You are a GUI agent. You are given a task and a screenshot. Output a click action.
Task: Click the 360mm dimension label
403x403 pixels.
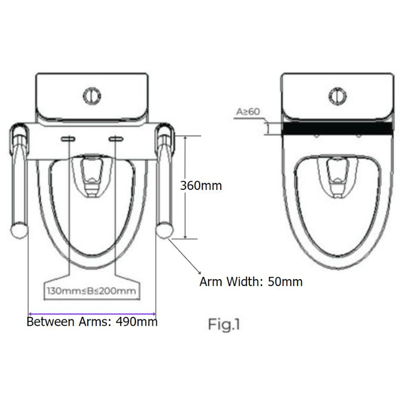pos(201,185)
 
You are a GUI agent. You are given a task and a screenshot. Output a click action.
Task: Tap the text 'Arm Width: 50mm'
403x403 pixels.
pos(251,282)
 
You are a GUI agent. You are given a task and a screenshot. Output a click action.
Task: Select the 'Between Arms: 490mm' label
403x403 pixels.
pos(92,321)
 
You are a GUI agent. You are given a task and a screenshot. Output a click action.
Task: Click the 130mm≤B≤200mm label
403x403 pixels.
pos(92,291)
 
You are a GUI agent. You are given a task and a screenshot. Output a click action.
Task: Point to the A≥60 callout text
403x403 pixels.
pos(247,111)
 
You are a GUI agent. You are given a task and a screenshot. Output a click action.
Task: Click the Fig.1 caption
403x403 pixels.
pos(224,325)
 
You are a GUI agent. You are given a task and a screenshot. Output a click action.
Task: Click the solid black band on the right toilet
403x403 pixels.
pos(337,129)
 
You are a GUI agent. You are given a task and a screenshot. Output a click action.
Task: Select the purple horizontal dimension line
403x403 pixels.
pos(92,312)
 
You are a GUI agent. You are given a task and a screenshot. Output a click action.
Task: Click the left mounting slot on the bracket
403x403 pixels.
pos(68,139)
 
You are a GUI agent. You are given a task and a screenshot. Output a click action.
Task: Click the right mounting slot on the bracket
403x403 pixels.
pos(116,139)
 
